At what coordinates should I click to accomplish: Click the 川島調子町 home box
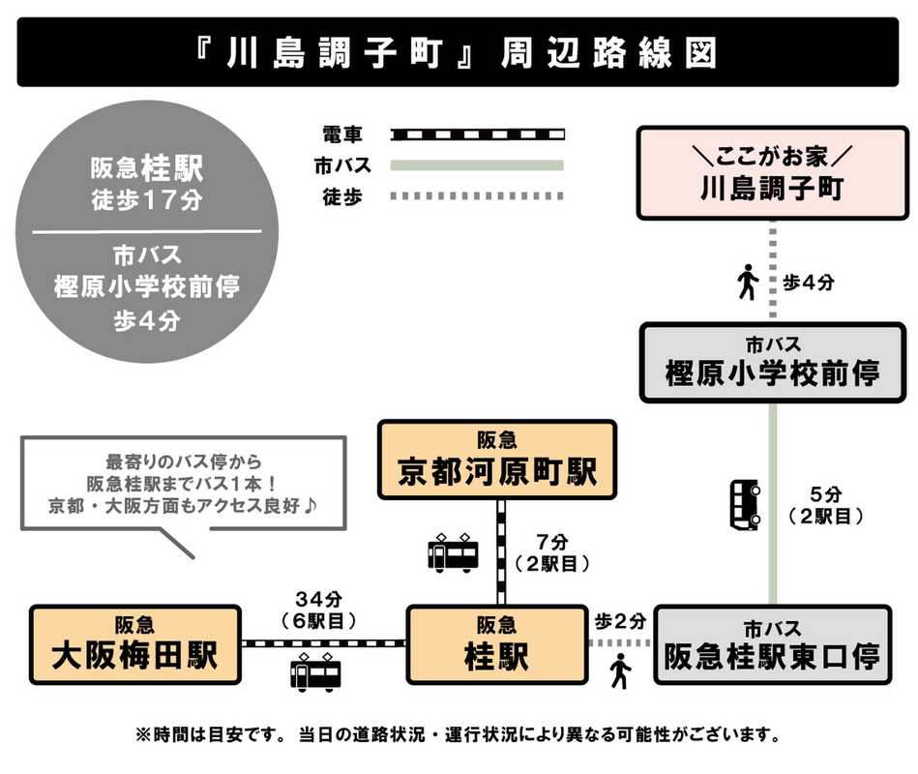click(x=772, y=173)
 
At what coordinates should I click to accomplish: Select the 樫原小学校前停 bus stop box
click(x=772, y=363)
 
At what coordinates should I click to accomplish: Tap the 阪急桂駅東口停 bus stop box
click(x=772, y=645)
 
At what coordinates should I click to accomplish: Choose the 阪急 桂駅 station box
click(x=497, y=645)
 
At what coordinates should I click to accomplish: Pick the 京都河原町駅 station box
click(x=497, y=460)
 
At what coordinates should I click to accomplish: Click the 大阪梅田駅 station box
click(x=135, y=645)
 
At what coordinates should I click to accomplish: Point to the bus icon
click(x=745, y=505)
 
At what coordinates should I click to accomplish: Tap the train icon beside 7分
click(x=453, y=552)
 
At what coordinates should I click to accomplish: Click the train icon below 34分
click(x=315, y=672)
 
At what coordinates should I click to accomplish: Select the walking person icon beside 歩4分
click(x=747, y=283)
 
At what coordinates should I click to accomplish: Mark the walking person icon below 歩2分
click(x=620, y=670)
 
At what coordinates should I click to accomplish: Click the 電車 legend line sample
click(x=477, y=134)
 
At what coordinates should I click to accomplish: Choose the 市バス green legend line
click(x=477, y=165)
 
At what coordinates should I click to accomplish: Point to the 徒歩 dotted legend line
click(x=477, y=196)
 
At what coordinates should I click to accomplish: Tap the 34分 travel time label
click(x=318, y=599)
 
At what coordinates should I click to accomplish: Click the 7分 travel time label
click(x=552, y=542)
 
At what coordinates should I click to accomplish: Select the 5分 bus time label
click(x=825, y=494)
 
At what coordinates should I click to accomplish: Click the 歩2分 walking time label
click(x=621, y=621)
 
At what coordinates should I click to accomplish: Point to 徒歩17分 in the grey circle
click(x=147, y=200)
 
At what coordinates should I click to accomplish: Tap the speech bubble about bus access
click(x=184, y=484)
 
